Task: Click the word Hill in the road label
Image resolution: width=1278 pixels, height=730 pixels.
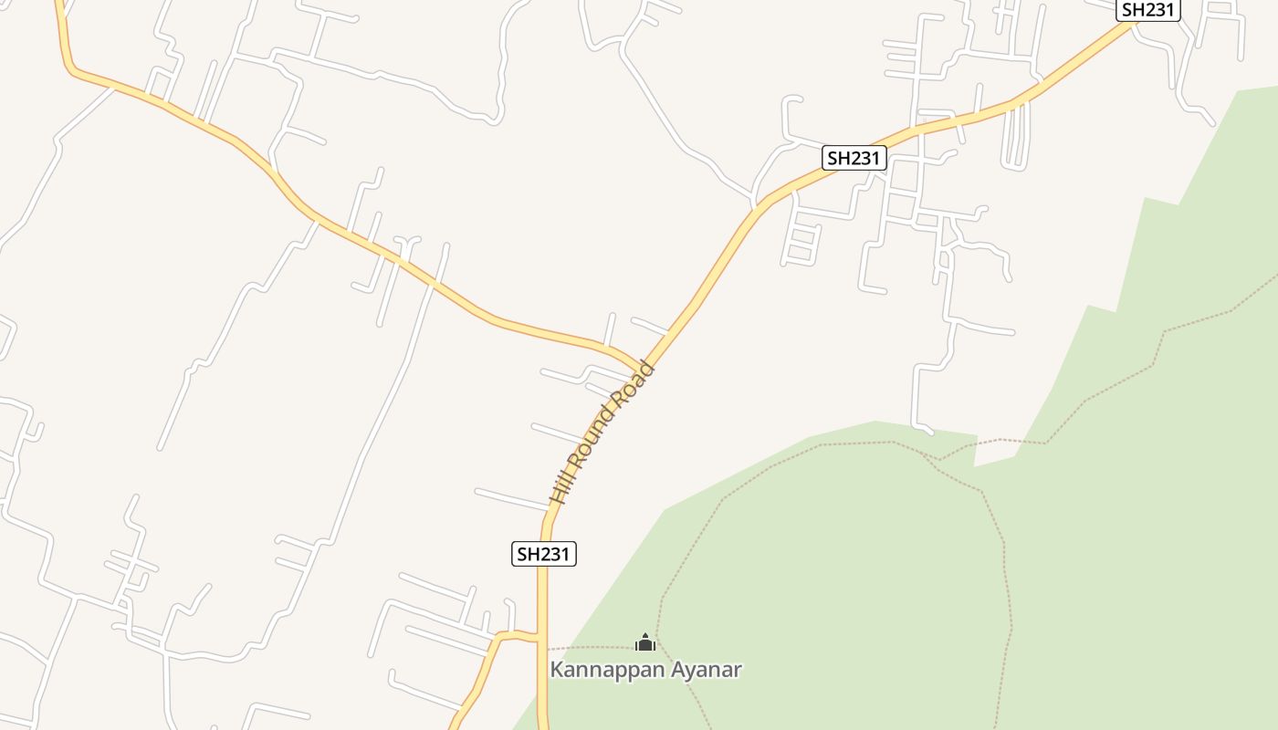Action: (561, 486)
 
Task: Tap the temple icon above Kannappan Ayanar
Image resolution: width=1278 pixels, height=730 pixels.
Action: (645, 642)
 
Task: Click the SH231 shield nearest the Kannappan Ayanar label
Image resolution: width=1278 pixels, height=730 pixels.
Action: (544, 554)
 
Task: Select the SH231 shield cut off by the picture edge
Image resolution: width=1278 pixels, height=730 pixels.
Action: (1148, 10)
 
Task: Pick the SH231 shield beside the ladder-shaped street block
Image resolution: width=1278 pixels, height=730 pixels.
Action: (854, 158)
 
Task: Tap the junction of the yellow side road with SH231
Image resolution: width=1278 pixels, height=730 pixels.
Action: (540, 638)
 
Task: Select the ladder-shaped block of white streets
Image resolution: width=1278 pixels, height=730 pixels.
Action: (802, 239)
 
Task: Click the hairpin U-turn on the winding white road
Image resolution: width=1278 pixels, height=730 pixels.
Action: (498, 117)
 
